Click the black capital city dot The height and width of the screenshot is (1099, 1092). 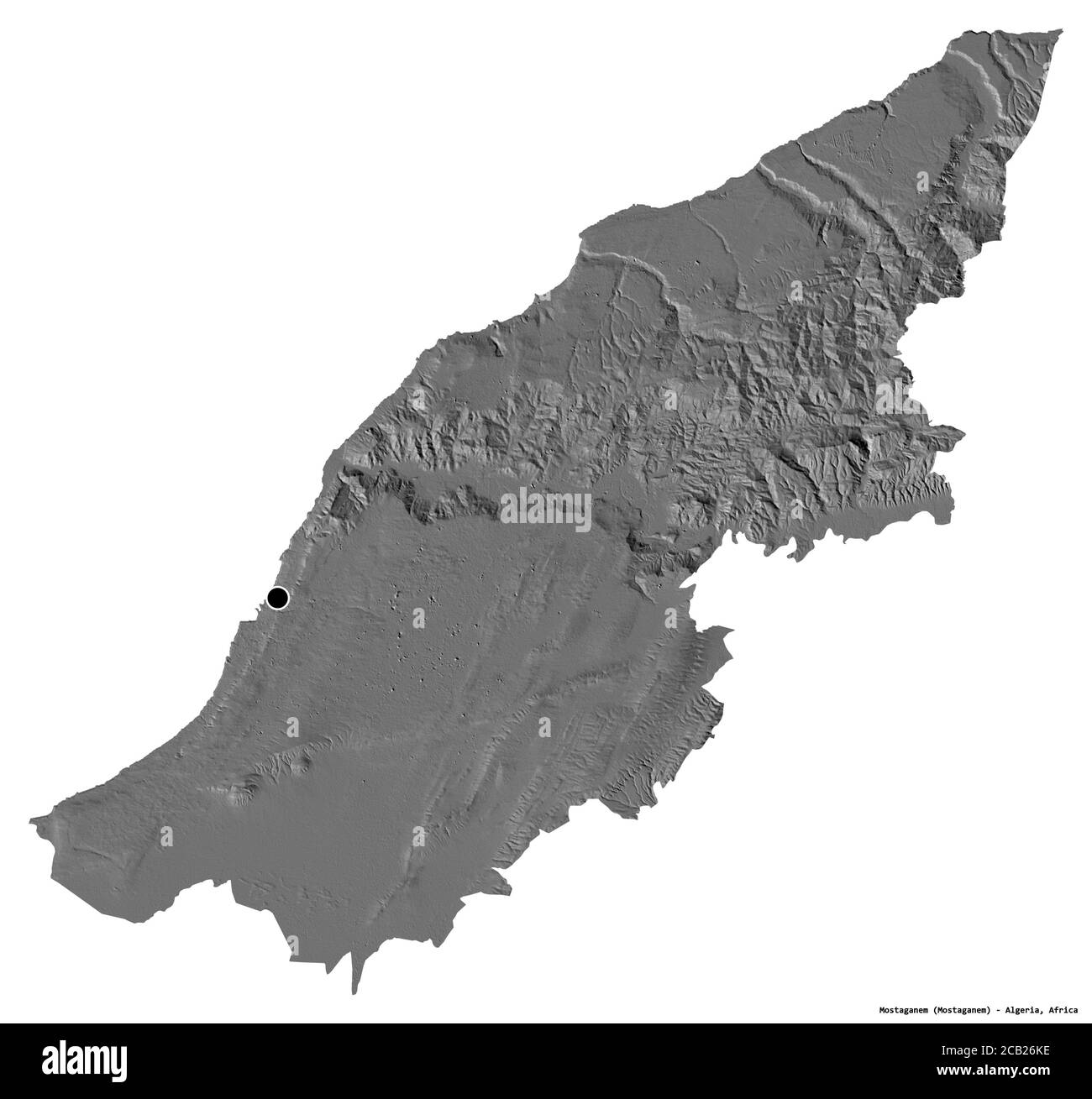pyautogui.click(x=277, y=598)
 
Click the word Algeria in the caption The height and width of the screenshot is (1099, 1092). pyautogui.click(x=1019, y=1010)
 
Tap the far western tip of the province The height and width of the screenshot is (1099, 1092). pyautogui.click(x=32, y=819)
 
